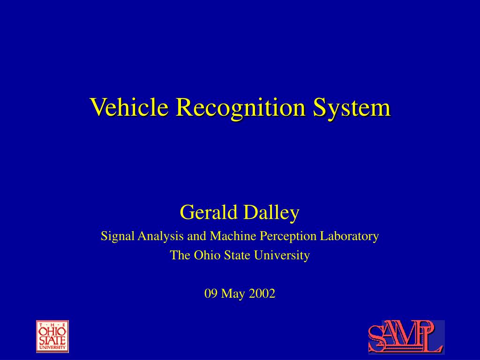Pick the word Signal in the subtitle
click(x=117, y=236)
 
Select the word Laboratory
click(x=349, y=236)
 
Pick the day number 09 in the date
click(x=210, y=294)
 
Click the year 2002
click(x=262, y=294)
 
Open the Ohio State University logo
click(x=52, y=336)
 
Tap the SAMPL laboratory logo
click(x=406, y=337)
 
